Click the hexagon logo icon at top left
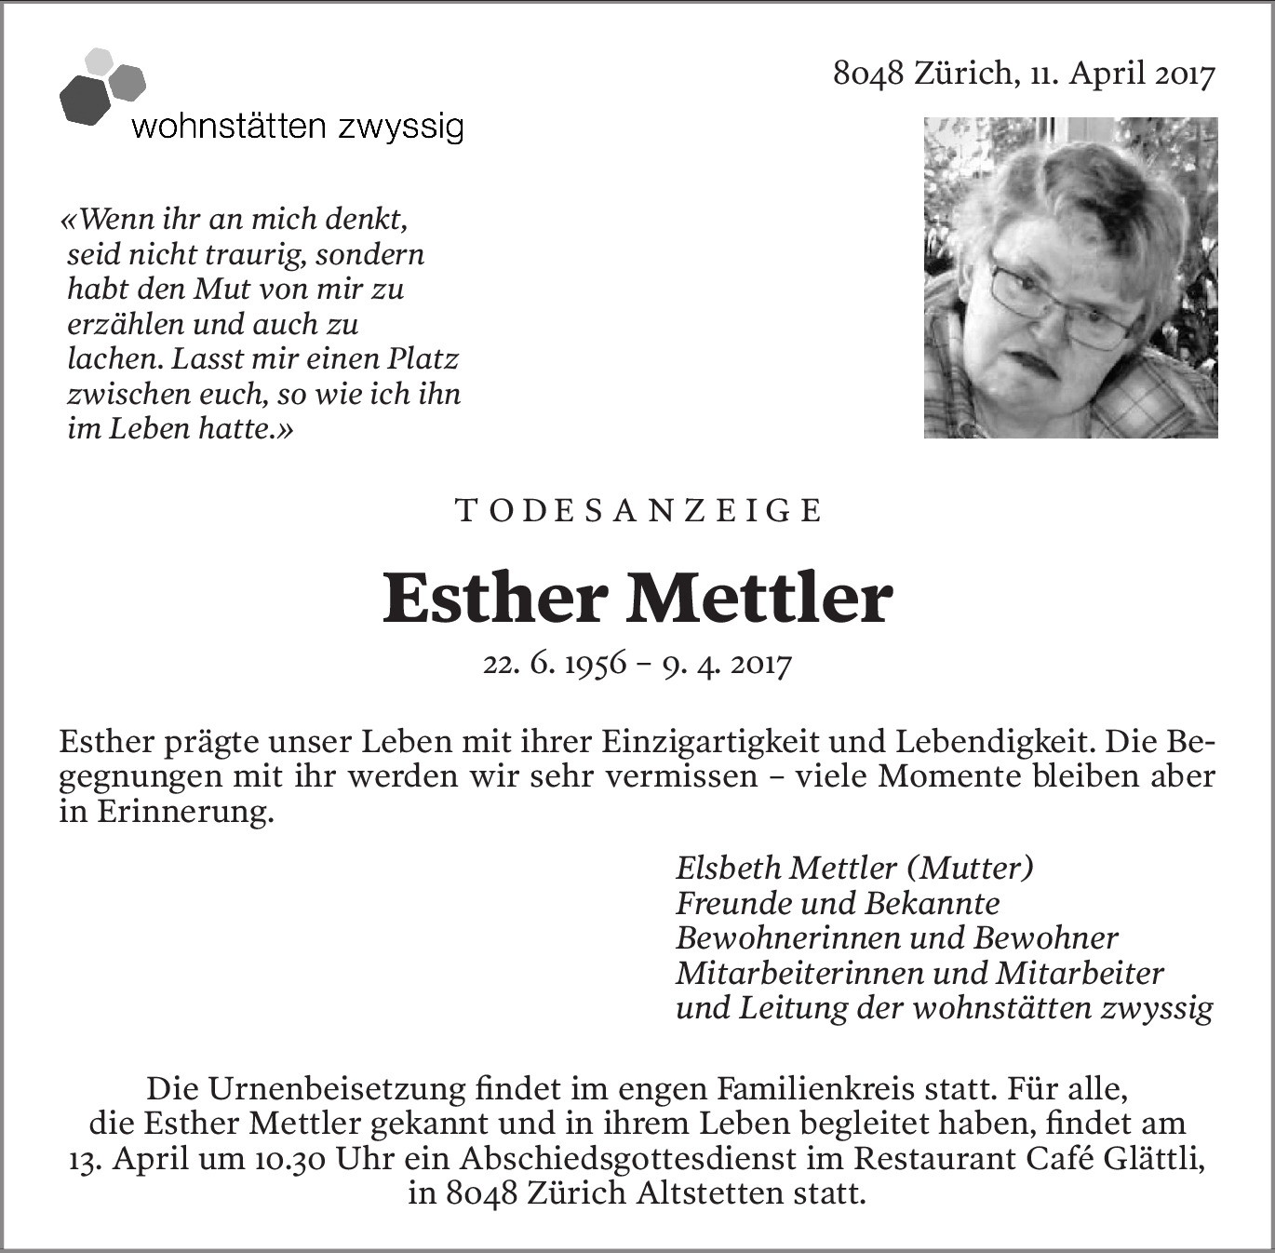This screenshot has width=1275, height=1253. point(101,87)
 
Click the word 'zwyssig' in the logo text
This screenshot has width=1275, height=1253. point(401,126)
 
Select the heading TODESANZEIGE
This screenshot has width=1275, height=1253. point(639,511)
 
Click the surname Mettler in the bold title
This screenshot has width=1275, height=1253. point(759,599)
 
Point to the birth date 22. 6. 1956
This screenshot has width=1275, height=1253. point(555,665)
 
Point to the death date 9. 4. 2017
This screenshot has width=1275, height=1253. point(727,665)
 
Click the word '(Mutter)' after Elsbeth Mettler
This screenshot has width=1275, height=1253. point(970,868)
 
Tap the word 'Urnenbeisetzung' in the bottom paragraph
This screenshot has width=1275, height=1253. point(340,1088)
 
